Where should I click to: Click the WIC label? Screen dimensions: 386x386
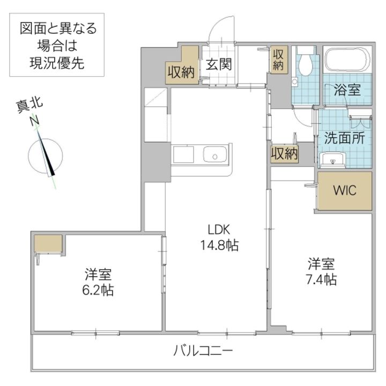coord(344,191)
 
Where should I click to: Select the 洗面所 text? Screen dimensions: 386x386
coord(344,137)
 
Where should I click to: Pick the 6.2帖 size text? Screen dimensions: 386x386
coord(98,290)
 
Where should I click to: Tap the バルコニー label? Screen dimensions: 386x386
coord(203,352)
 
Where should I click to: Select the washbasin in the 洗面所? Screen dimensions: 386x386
coord(333,159)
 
